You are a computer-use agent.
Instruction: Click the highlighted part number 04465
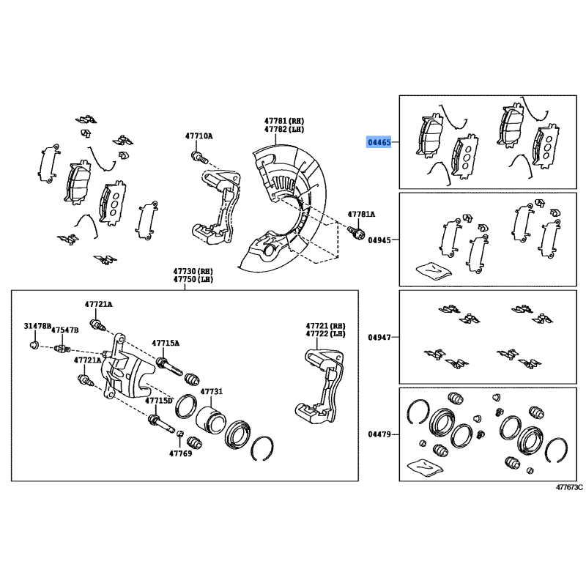point(379,142)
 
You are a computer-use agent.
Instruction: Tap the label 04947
point(379,338)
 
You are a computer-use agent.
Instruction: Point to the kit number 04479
point(379,435)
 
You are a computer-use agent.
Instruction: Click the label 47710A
point(199,136)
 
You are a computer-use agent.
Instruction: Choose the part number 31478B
point(37,325)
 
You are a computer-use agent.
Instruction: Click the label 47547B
point(65,331)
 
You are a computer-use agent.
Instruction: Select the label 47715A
point(166,343)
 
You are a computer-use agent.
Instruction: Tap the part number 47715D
point(159,401)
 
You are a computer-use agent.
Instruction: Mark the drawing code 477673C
point(569,487)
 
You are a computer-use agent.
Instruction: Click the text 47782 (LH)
point(285,129)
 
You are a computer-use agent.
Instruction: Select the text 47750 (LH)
point(194,279)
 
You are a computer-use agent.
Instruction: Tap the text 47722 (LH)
point(326,334)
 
